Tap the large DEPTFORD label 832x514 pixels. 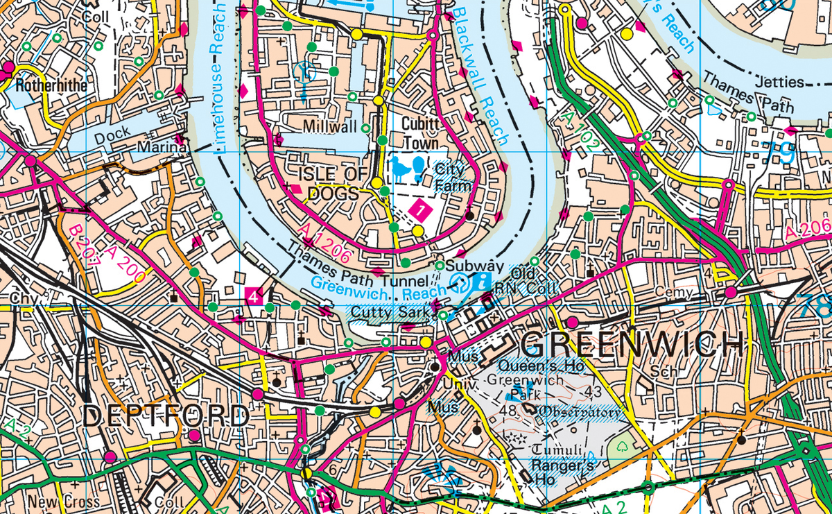click(166, 417)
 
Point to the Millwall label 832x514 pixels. click(329, 128)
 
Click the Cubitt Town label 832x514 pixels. click(421, 133)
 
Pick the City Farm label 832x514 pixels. click(453, 178)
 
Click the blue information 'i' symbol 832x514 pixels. click(483, 282)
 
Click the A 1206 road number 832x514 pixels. click(325, 242)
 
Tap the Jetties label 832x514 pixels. click(781, 82)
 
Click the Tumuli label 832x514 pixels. click(555, 449)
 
